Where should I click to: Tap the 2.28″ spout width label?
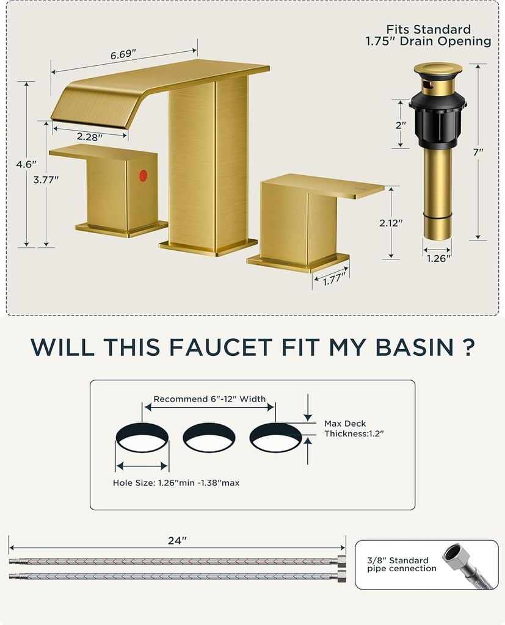coord(90,137)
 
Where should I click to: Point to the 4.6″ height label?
coord(26,164)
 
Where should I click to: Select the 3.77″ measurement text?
coord(46,179)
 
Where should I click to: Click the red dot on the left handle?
coord(143,176)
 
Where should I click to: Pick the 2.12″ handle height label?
coord(391,223)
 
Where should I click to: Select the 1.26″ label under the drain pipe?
coord(438,258)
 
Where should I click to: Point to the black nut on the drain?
coord(437,117)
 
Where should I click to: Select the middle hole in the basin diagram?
coord(209,437)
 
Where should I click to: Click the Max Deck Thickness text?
coord(354,428)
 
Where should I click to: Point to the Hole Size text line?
coord(176,483)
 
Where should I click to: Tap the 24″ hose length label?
coord(177,540)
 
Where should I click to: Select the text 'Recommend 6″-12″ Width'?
coord(209,399)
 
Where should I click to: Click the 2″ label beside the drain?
coord(400,125)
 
